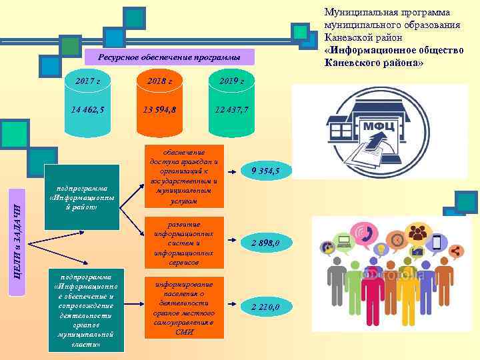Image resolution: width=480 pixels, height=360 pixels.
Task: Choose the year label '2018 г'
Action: pos(159,81)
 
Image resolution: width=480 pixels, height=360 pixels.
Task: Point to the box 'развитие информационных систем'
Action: pos(185,244)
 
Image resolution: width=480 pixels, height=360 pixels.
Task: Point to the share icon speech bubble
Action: pos(457,251)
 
